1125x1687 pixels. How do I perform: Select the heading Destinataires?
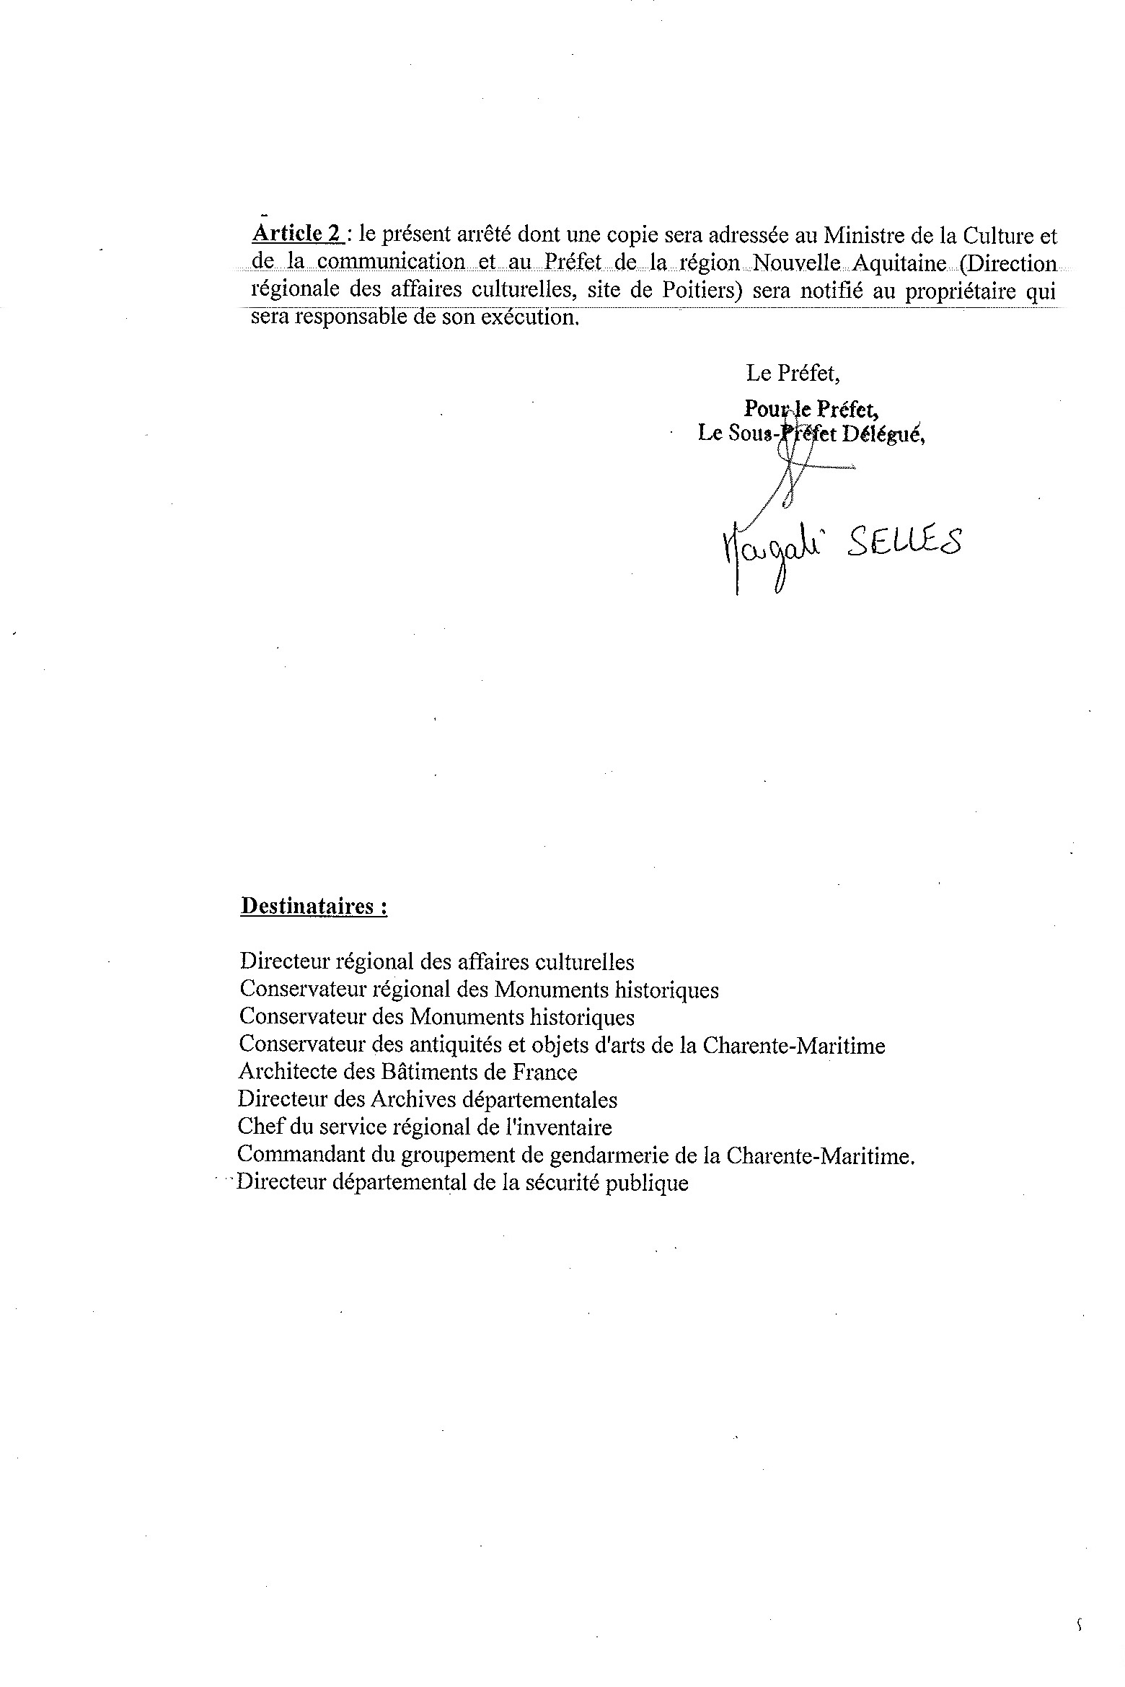314,906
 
